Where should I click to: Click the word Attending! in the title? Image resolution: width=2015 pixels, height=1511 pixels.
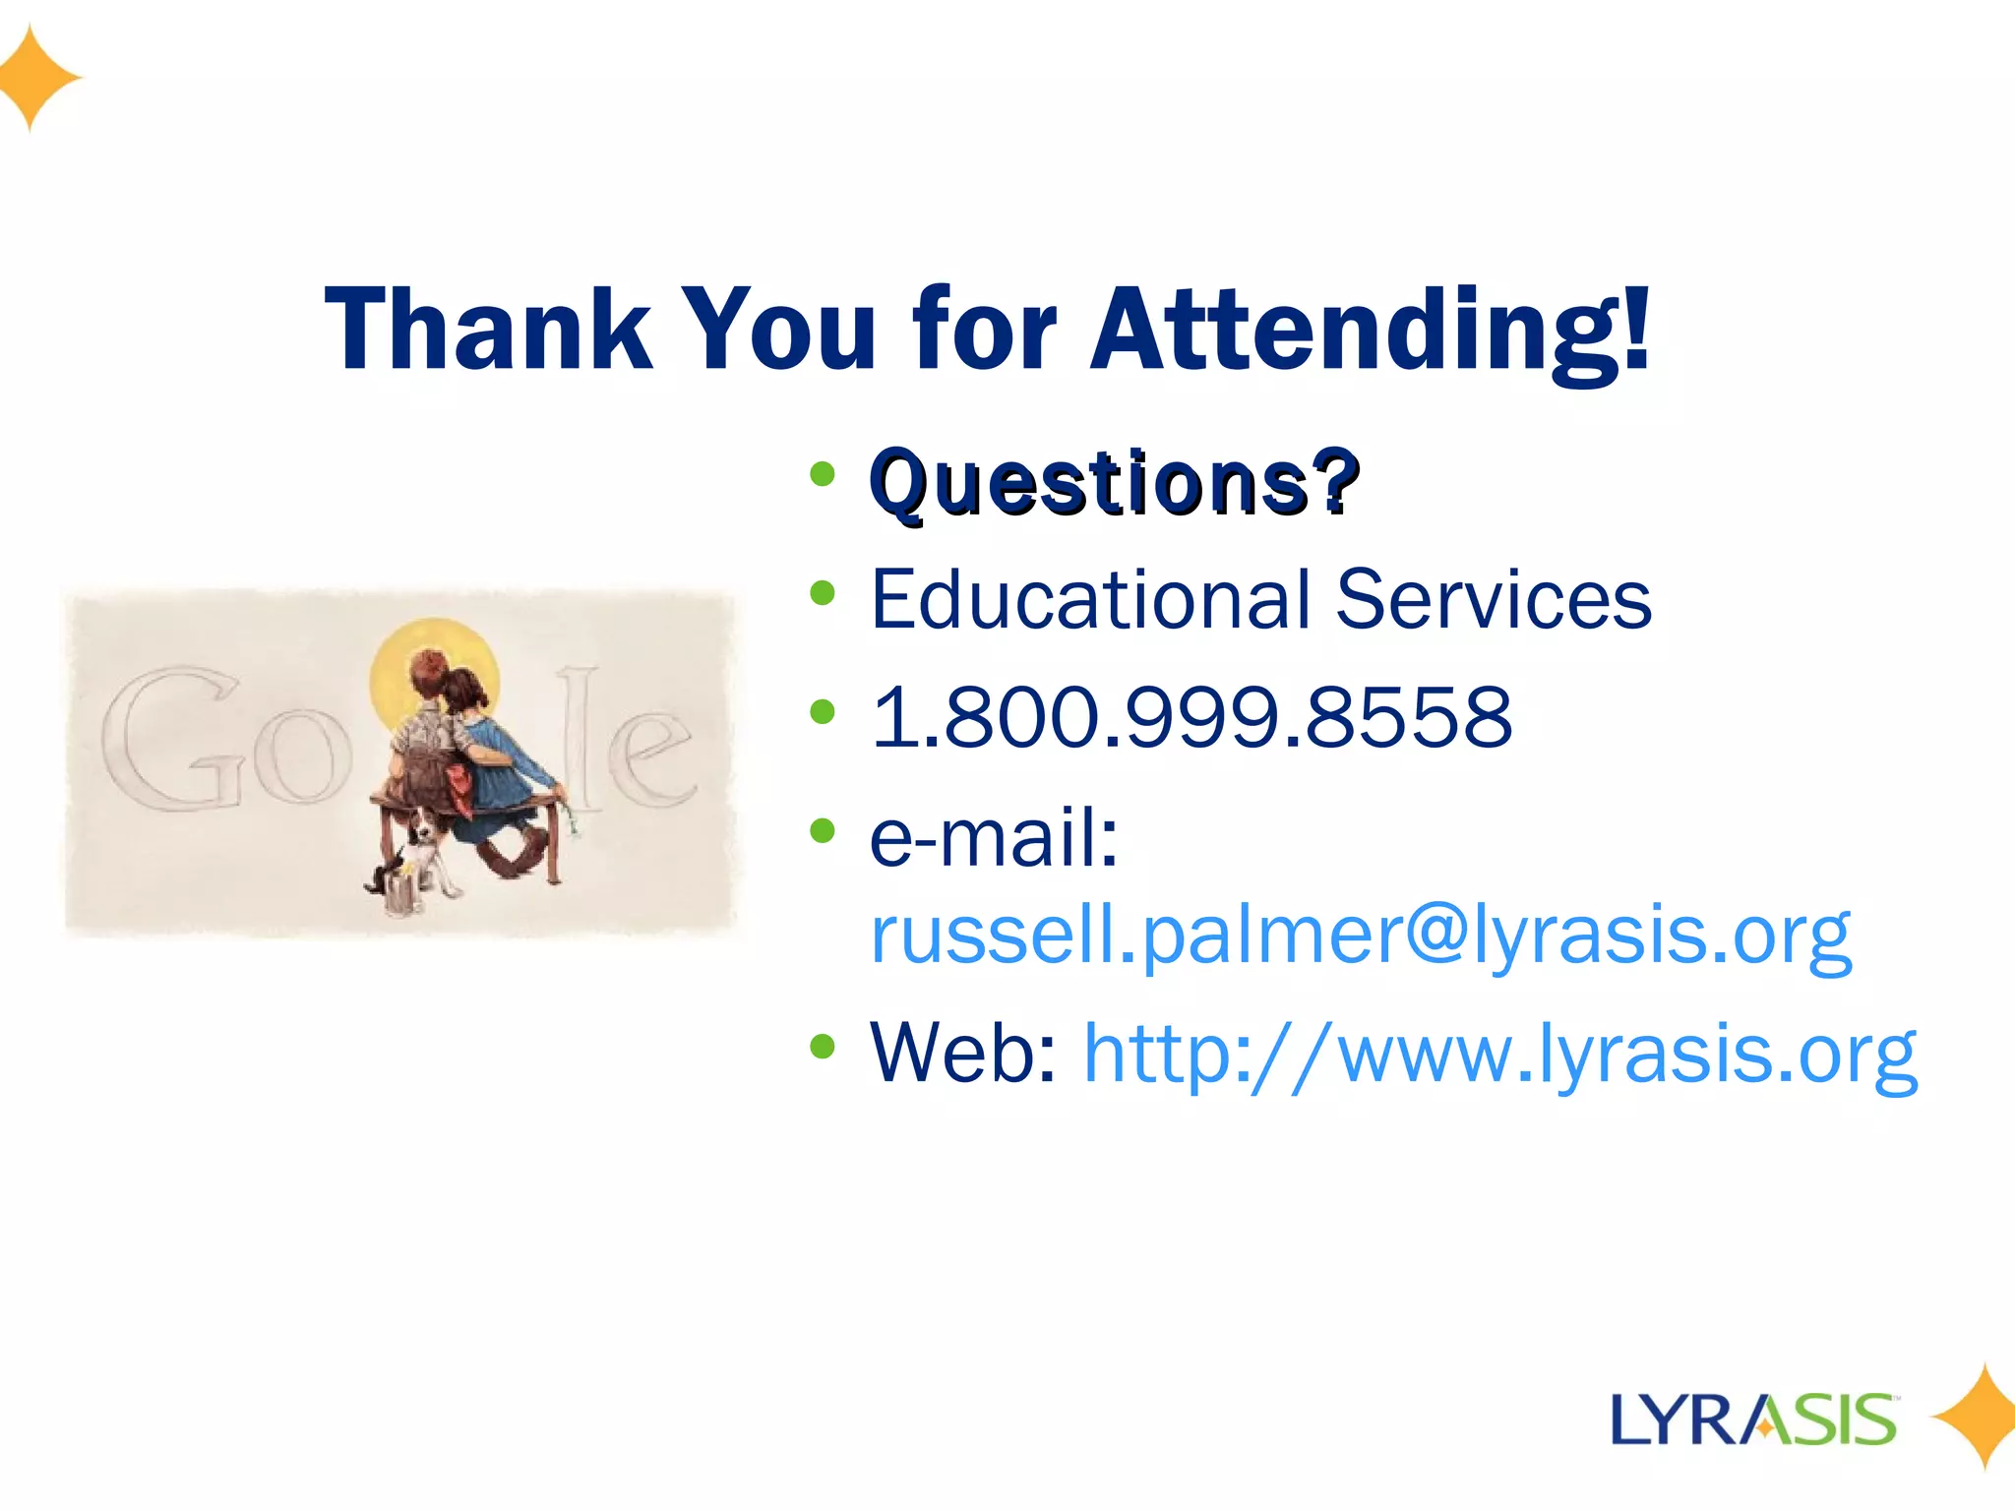1371,330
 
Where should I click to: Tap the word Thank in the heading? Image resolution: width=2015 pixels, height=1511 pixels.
488,330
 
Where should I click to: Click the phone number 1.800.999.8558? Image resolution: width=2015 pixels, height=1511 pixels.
1191,717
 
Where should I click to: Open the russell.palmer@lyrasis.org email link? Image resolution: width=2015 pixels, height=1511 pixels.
1361,935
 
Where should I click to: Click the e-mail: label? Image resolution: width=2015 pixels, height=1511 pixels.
994,838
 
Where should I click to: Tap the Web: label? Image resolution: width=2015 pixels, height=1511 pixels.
963,1054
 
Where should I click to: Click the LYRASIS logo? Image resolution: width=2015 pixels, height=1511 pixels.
1753,1420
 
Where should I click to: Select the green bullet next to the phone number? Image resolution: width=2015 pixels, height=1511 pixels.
822,710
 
